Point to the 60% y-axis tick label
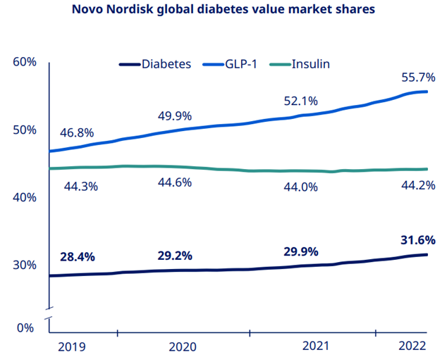point(25,62)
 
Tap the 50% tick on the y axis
point(25,130)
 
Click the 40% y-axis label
point(25,198)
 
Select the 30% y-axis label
point(25,266)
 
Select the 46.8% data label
point(77,132)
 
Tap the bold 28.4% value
point(77,256)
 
